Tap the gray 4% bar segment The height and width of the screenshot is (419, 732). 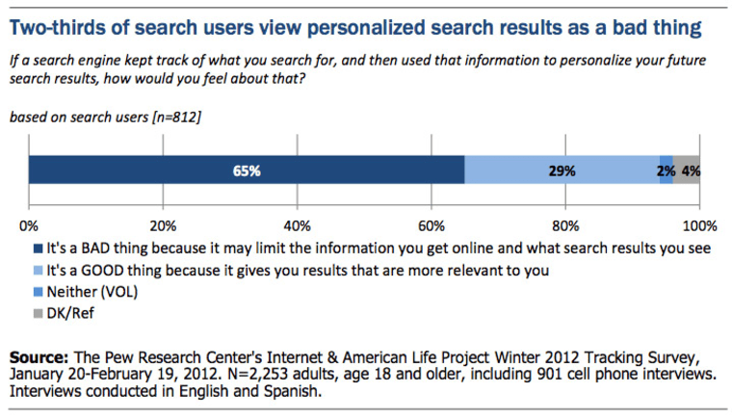[687, 170]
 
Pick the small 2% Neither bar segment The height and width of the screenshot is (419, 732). [666, 170]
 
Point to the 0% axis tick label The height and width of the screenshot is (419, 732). [28, 227]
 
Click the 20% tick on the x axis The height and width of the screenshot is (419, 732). [163, 227]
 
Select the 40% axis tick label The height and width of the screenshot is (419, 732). [298, 227]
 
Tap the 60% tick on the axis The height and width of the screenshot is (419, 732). [431, 227]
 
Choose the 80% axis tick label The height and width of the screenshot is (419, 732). [565, 227]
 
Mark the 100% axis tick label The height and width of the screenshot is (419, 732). [698, 227]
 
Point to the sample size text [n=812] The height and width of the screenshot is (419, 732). [169, 118]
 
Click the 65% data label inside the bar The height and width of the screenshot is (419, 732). [247, 170]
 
